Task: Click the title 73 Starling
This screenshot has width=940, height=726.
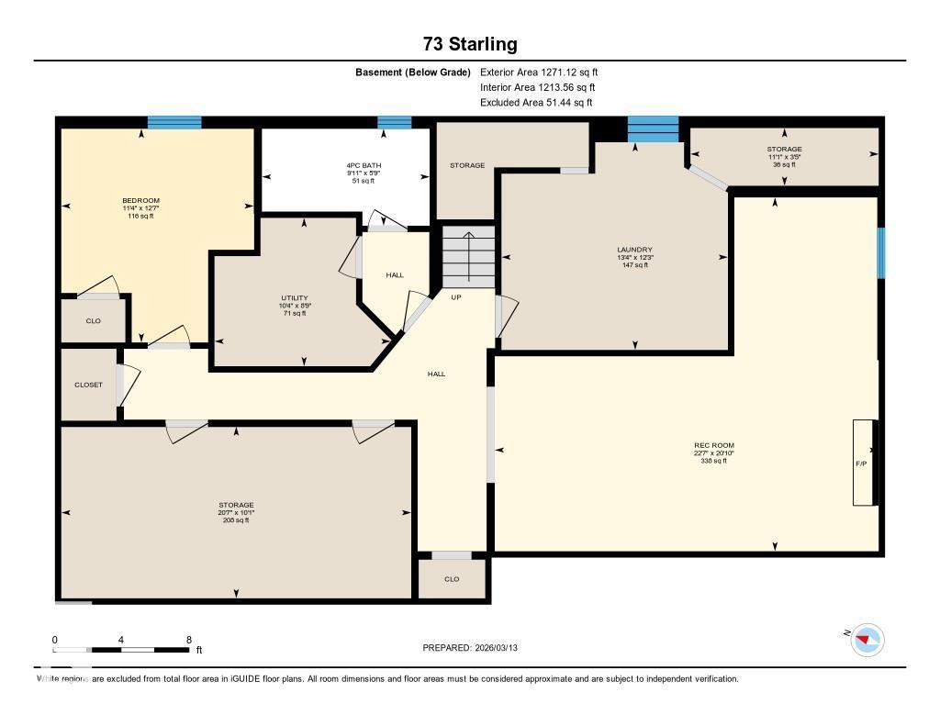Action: (470, 44)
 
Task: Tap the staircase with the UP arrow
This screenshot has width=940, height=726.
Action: (468, 256)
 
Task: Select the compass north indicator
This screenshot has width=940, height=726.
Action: (867, 639)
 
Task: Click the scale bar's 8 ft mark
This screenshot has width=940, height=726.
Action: (188, 641)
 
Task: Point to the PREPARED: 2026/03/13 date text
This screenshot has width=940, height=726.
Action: (476, 648)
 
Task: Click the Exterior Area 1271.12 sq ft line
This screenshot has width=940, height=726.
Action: (539, 72)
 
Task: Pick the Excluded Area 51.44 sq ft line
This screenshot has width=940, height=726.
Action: (536, 103)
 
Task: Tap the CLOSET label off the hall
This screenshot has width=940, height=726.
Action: (89, 385)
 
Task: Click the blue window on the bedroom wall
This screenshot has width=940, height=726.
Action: (174, 122)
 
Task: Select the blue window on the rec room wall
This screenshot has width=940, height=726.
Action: (880, 252)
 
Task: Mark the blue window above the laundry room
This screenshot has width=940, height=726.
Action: (653, 129)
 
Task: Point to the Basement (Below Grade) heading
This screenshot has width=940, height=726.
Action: (413, 72)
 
